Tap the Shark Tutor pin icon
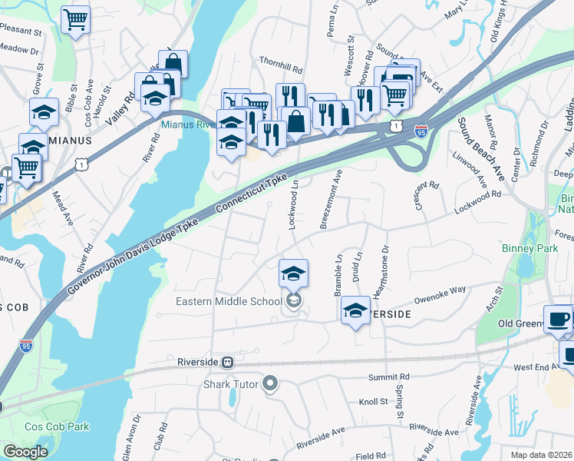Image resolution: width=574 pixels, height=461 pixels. click(x=269, y=383)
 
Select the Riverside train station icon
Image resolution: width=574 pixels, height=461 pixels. click(x=227, y=362)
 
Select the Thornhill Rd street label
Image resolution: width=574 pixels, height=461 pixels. click(x=281, y=69)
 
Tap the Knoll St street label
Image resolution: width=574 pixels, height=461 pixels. click(x=374, y=402)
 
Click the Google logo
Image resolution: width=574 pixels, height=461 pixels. click(x=25, y=452)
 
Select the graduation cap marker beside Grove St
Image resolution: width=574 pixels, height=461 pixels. click(x=44, y=112)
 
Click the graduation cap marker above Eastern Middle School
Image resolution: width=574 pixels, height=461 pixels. click(x=292, y=273)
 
